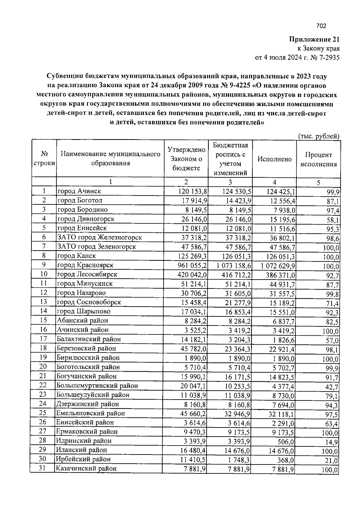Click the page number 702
(x=321, y=26)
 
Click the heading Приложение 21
(x=314, y=39)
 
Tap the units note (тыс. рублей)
(x=319, y=136)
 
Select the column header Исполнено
(x=274, y=159)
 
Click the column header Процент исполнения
(x=319, y=159)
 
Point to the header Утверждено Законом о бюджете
(x=186, y=159)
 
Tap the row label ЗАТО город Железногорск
(x=100, y=237)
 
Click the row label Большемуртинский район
(x=97, y=386)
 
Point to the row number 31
(x=42, y=468)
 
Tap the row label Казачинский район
(x=86, y=468)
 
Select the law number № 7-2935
(x=325, y=58)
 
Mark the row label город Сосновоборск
(x=89, y=302)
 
